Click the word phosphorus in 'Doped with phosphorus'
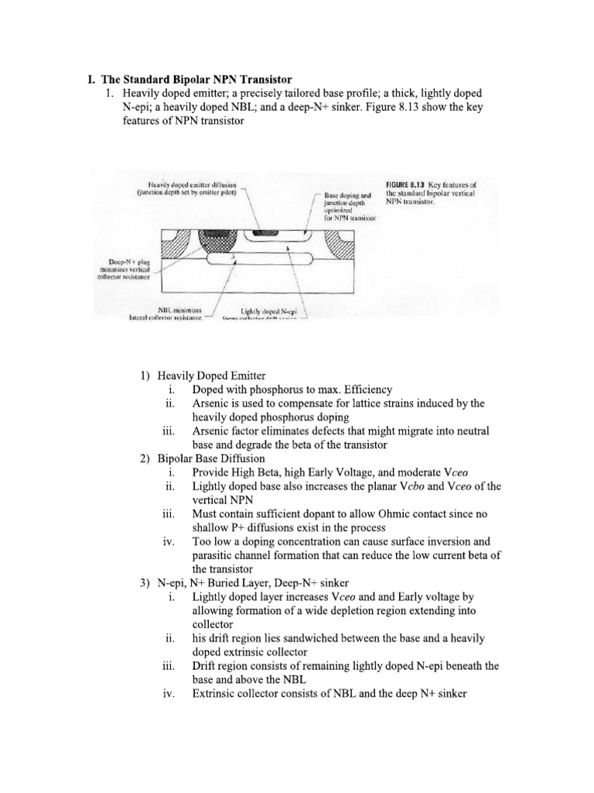[261, 390]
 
